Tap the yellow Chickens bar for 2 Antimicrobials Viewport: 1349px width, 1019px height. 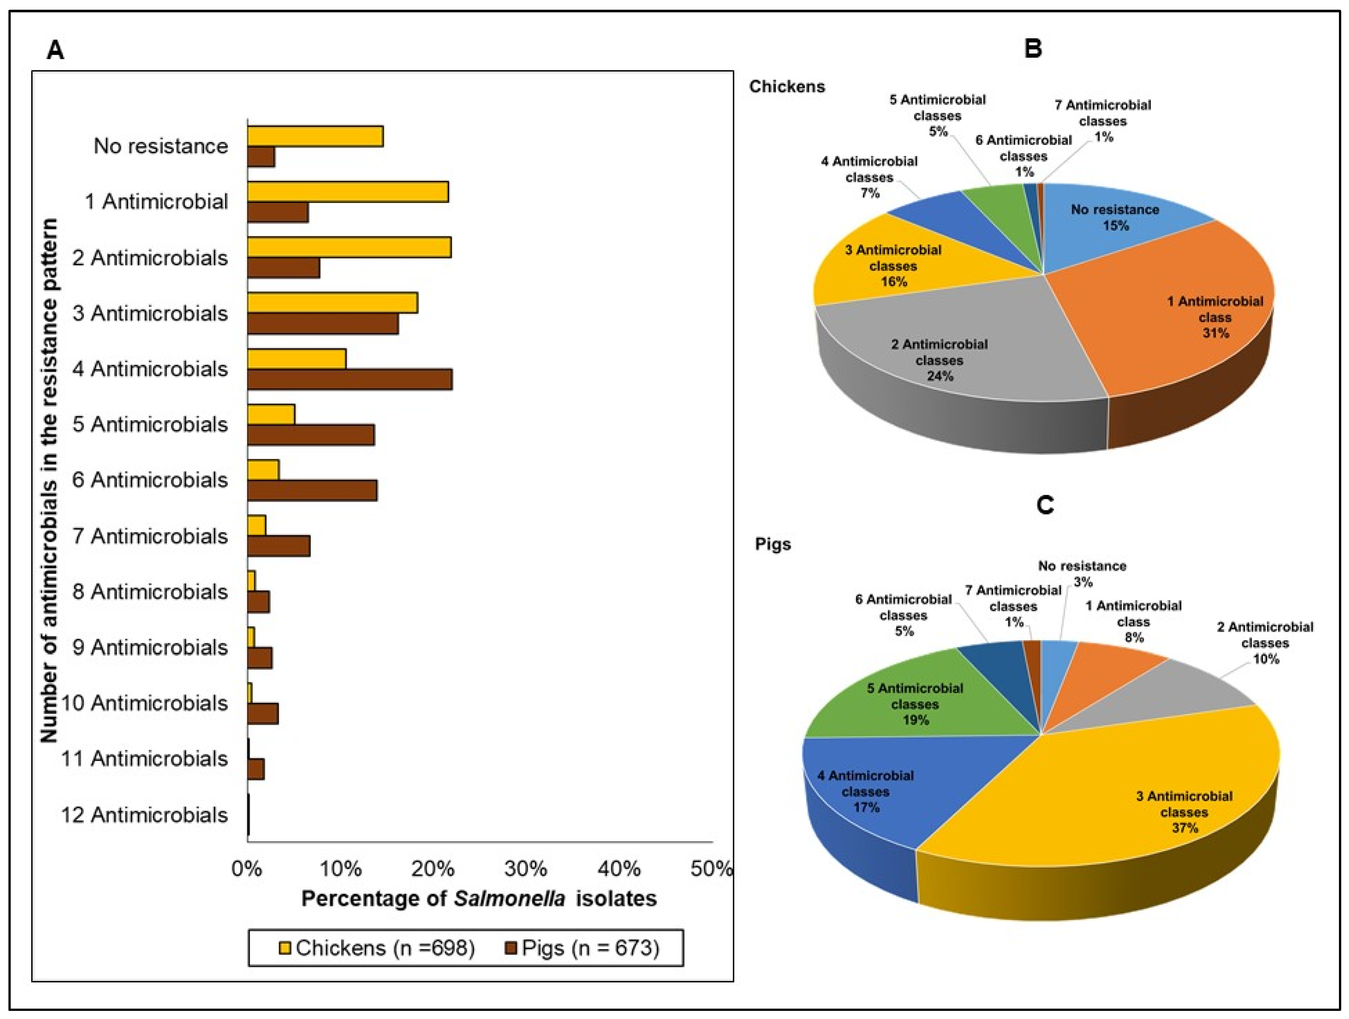point(349,248)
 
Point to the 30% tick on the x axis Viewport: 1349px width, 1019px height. point(526,868)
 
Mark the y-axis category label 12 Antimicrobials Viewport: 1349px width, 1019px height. point(145,815)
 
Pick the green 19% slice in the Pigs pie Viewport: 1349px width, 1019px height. point(915,701)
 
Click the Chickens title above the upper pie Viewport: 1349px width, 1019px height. point(787,87)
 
